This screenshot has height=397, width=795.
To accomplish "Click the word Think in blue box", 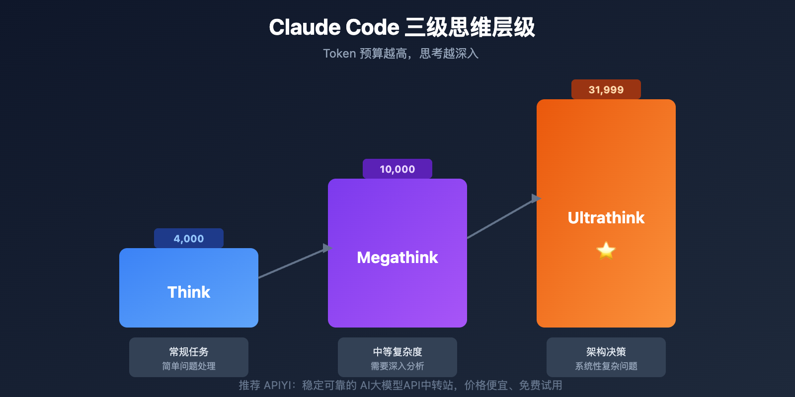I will (189, 292).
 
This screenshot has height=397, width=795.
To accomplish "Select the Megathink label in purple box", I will (397, 257).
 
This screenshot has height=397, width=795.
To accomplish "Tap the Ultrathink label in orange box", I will (606, 217).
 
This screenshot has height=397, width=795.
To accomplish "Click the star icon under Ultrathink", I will (606, 250).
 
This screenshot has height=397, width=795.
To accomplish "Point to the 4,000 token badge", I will (189, 239).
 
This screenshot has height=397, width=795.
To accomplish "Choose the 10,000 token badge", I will (397, 169).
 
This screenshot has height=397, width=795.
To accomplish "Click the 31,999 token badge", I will (606, 90).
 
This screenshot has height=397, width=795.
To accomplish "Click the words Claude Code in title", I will (334, 27).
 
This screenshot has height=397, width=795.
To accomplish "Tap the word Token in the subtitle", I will (339, 54).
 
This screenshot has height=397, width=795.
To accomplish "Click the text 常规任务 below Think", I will (189, 352).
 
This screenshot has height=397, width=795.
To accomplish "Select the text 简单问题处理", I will (189, 366).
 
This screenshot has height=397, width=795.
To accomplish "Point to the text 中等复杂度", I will (397, 352).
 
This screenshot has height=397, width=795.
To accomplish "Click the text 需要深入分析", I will (397, 366).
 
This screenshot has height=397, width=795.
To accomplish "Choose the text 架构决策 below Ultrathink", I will (606, 352).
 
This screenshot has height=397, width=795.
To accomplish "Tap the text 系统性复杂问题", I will (606, 366).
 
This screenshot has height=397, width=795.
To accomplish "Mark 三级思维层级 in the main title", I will (470, 27).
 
